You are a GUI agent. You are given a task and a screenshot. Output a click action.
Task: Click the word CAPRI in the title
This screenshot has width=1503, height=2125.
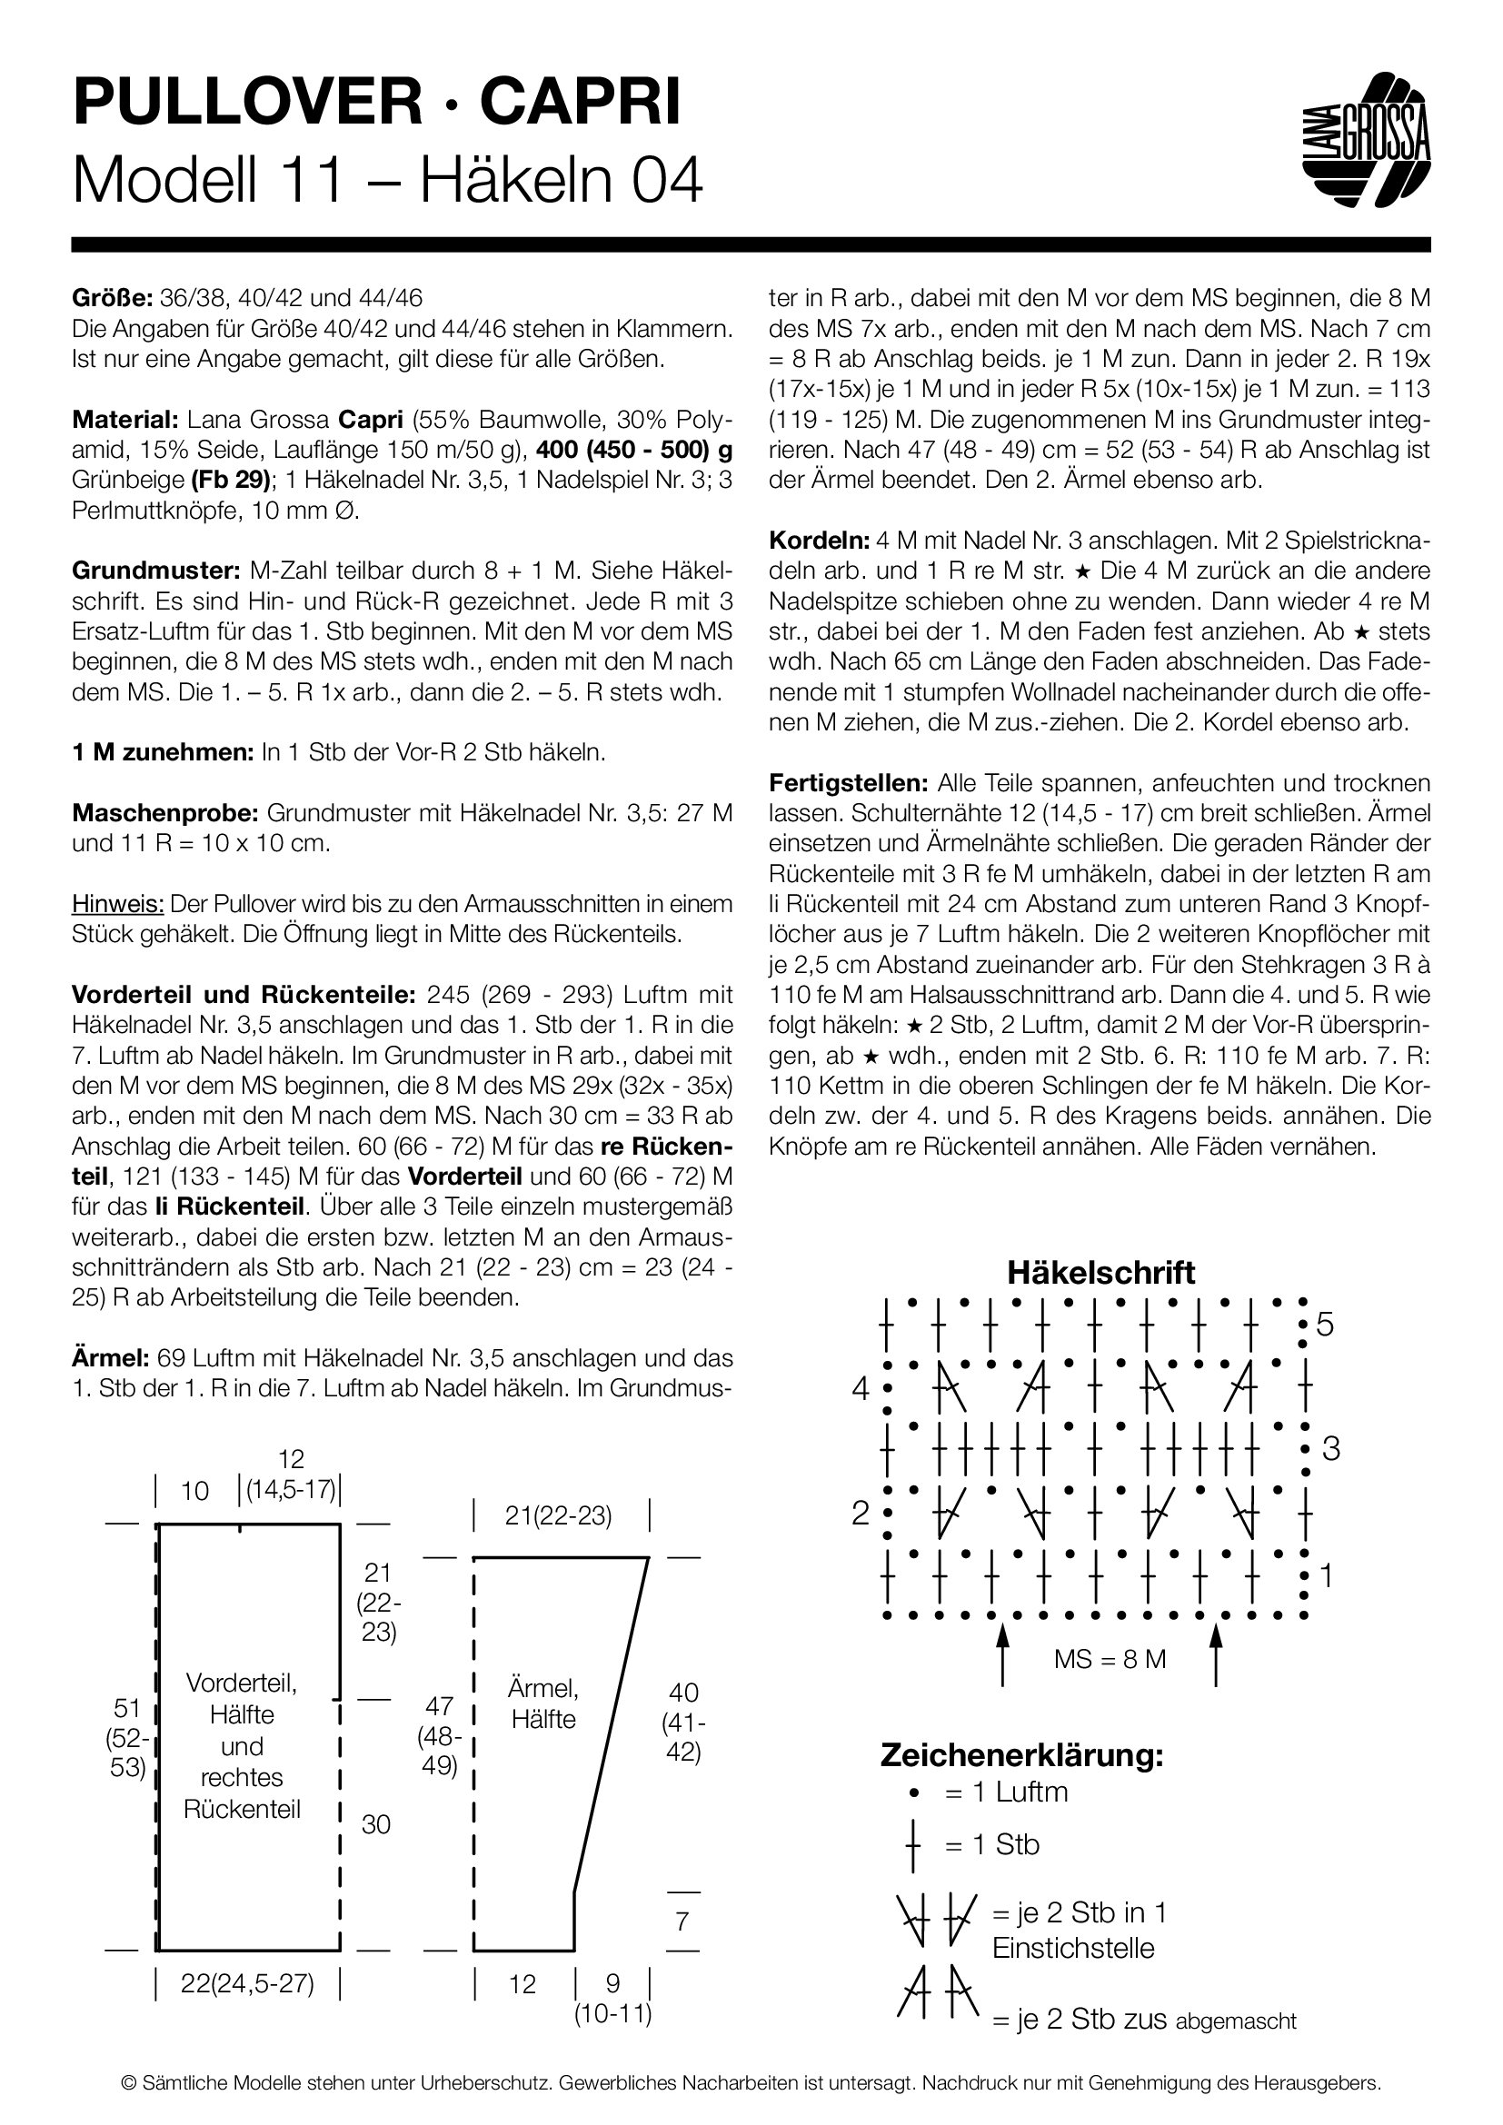[x=581, y=103]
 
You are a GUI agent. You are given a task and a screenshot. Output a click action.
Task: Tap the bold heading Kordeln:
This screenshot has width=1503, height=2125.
[x=819, y=541]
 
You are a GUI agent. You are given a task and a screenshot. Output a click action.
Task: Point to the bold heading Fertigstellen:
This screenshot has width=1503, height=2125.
[x=848, y=783]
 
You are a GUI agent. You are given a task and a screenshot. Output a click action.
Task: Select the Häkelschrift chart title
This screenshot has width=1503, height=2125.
[x=1100, y=1272]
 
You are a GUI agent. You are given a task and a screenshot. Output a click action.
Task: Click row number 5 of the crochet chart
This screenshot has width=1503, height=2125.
[x=1324, y=1325]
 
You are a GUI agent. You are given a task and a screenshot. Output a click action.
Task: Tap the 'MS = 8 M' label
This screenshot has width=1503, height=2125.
[x=1110, y=1659]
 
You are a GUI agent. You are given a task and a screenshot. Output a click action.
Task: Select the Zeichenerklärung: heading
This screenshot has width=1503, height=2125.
[x=1020, y=1755]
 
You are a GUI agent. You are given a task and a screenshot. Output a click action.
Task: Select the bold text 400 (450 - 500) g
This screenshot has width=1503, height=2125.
[x=634, y=450]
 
